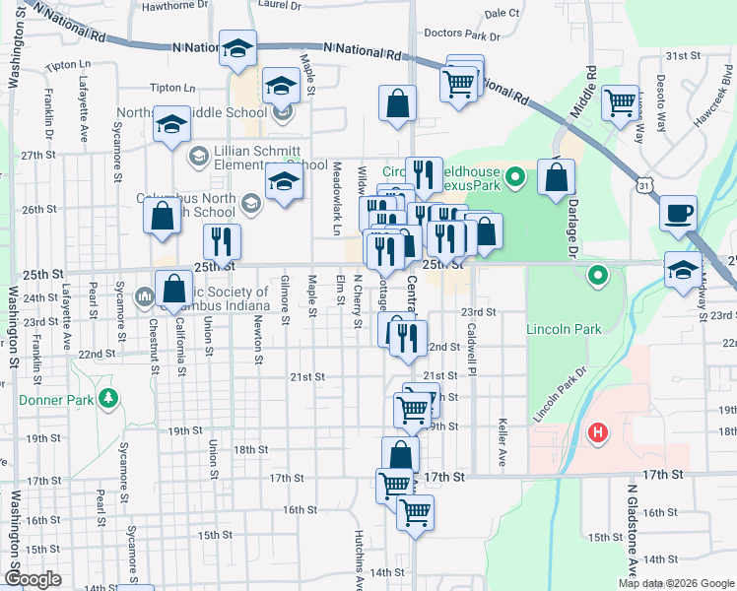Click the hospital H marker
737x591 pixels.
tap(597, 432)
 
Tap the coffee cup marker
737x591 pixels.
tap(678, 215)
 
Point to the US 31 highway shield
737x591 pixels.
tap(643, 185)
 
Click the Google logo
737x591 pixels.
tap(33, 579)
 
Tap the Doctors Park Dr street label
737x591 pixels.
tap(463, 34)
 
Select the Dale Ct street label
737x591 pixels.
tap(502, 13)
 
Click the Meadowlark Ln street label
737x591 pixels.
tap(336, 198)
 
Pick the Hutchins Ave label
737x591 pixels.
tap(360, 559)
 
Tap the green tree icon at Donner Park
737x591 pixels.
tap(108, 399)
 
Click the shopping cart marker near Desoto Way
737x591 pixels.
tap(620, 102)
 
